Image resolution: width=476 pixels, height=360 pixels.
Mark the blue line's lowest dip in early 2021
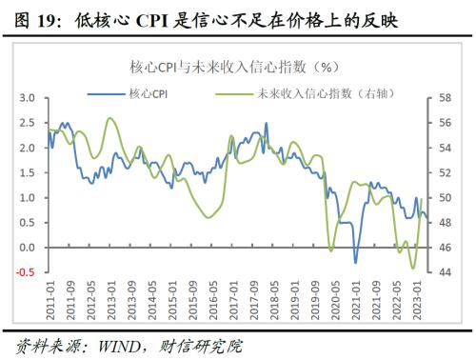coord(355,263)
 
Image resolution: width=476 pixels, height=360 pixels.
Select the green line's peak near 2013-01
coord(111,118)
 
